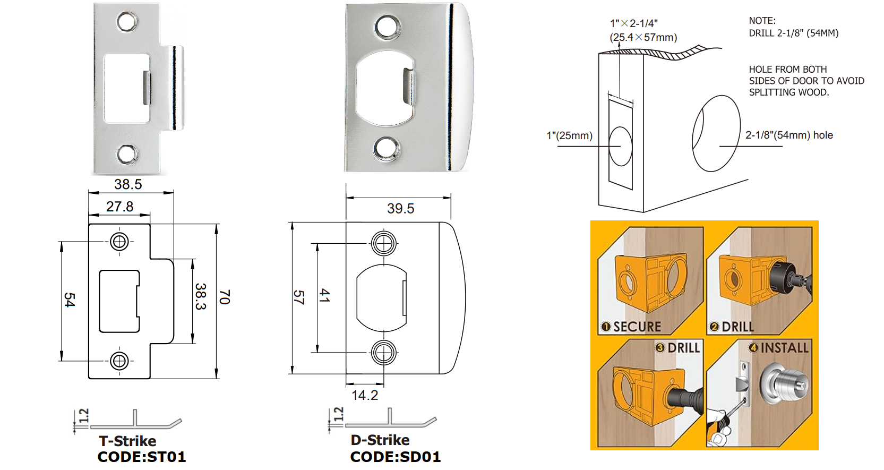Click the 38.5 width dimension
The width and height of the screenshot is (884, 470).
[128, 184]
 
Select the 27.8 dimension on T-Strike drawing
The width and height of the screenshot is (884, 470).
[119, 207]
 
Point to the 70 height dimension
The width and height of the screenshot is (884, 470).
[225, 297]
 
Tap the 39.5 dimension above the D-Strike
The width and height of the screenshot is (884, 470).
[400, 209]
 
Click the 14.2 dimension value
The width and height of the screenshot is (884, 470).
[365, 395]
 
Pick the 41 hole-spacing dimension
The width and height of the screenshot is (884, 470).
[324, 296]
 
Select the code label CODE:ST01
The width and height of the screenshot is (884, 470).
[142, 457]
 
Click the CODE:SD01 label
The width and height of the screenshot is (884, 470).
[396, 457]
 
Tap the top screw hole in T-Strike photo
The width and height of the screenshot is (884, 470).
[127, 22]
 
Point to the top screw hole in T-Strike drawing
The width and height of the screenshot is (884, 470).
[119, 242]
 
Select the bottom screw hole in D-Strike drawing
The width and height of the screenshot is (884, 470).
[383, 352]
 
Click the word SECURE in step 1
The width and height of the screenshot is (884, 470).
[637, 327]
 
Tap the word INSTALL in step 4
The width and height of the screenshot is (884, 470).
[784, 348]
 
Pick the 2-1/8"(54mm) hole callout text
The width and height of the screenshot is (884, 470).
[789, 135]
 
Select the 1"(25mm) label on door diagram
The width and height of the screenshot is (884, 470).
[570, 135]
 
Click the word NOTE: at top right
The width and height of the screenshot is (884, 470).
[762, 21]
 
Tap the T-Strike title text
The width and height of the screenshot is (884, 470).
[127, 441]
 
